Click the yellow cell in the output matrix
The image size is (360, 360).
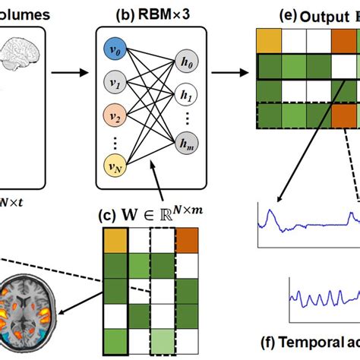pos(269,40)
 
